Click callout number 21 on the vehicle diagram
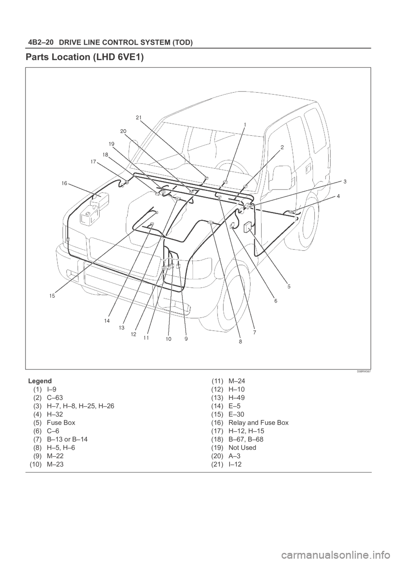[139, 118]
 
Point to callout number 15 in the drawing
[52, 296]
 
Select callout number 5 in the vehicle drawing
[289, 286]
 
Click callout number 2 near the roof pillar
[282, 147]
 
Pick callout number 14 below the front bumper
[107, 321]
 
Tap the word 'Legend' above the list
[39, 380]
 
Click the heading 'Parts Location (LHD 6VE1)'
[85, 58]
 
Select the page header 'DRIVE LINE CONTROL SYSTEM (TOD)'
[127, 43]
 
